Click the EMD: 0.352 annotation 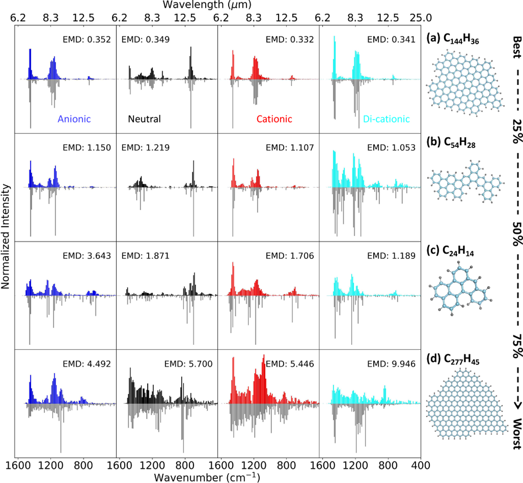coord(87,40)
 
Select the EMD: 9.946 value coord(391,364)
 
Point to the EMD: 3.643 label coord(87,256)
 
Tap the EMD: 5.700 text coord(188,364)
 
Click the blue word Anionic coord(74,119)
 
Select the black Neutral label coord(144,119)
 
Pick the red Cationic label coord(275,119)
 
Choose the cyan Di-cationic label coord(386,119)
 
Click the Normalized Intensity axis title coord(5,236)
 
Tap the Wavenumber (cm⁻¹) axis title coord(207,477)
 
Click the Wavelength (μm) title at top coord(207,5)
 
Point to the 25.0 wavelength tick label coord(421,18)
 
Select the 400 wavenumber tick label coord(421,466)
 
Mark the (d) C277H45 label coord(453,359)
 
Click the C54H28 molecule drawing coord(465,182)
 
